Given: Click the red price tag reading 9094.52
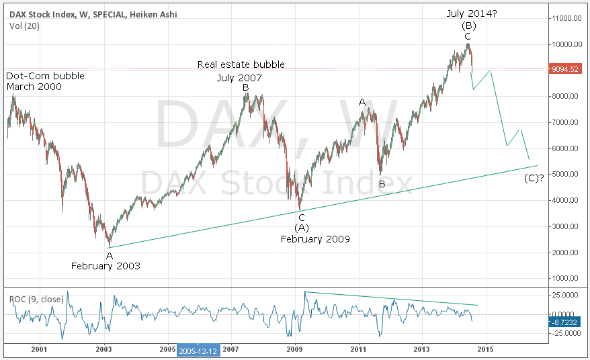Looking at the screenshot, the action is [564, 69].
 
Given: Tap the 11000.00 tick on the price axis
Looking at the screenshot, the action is [566, 18].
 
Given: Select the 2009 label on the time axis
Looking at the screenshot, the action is [294, 349].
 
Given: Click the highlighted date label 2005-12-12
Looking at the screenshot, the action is [198, 351].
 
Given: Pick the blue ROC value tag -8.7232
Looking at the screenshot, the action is [564, 322].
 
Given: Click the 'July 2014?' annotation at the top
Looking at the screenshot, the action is [472, 13].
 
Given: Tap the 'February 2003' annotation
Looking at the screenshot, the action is [106, 266].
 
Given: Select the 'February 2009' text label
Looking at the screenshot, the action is [315, 239].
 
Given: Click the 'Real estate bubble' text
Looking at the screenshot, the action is [241, 64].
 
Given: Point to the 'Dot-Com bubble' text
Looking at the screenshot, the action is [45, 76].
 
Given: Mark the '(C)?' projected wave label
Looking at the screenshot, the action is [534, 178].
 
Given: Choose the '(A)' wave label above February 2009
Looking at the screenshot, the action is [302, 228].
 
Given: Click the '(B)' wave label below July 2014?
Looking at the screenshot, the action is [469, 26].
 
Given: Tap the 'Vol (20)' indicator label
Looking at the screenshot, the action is [24, 26].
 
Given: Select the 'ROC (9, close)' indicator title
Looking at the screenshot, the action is [36, 300].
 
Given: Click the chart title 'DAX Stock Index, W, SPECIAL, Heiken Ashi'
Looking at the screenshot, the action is [93, 14].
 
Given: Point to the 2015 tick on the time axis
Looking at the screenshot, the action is [485, 349].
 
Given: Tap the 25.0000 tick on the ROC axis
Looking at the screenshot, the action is [566, 295].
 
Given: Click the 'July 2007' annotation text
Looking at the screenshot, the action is [239, 78].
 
